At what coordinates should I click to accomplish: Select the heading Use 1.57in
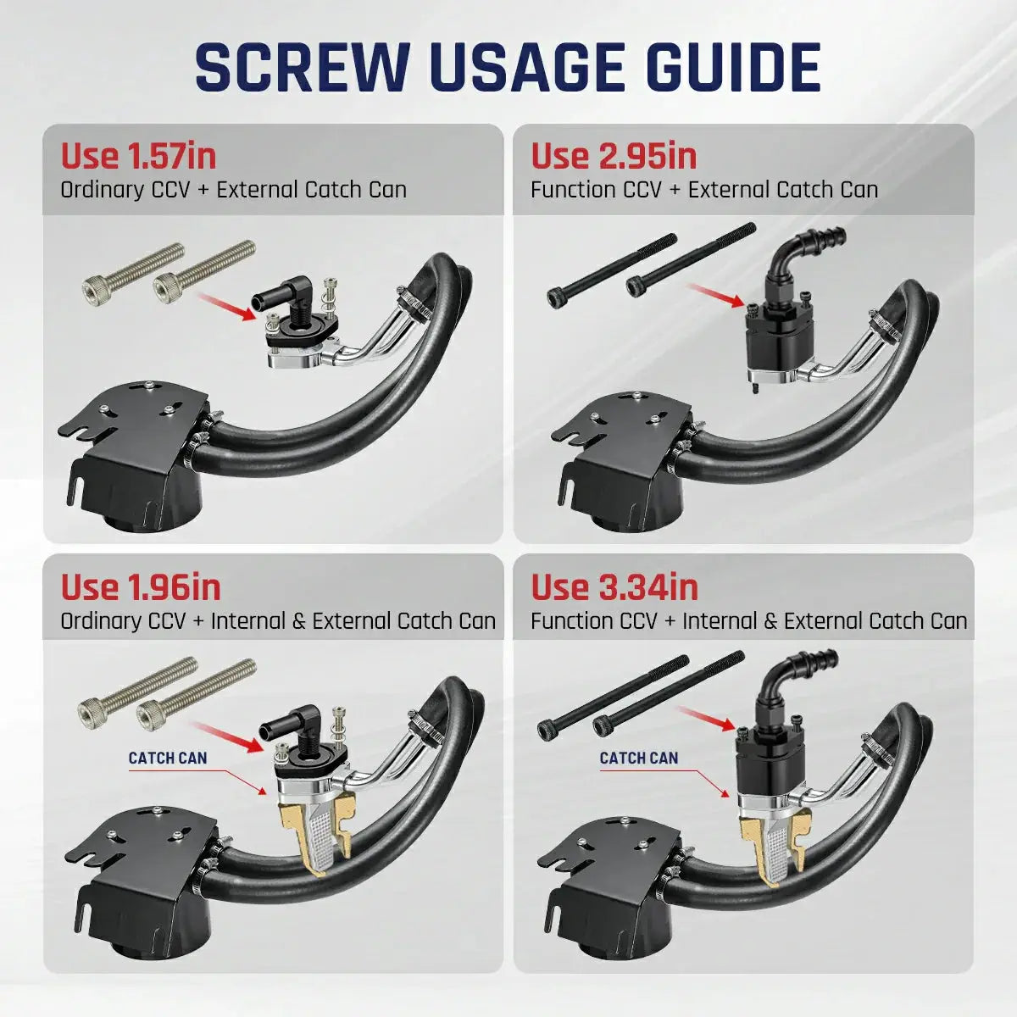click(x=138, y=156)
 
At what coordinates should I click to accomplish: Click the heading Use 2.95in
click(x=614, y=156)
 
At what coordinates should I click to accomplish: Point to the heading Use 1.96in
click(x=141, y=586)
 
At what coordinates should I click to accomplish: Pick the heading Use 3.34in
click(x=614, y=586)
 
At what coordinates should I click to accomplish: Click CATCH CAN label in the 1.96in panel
click(x=167, y=758)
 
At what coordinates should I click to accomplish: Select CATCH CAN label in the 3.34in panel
click(x=639, y=758)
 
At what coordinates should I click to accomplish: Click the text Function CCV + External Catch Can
click(x=704, y=190)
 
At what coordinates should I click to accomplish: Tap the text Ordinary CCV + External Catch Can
click(x=233, y=190)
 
